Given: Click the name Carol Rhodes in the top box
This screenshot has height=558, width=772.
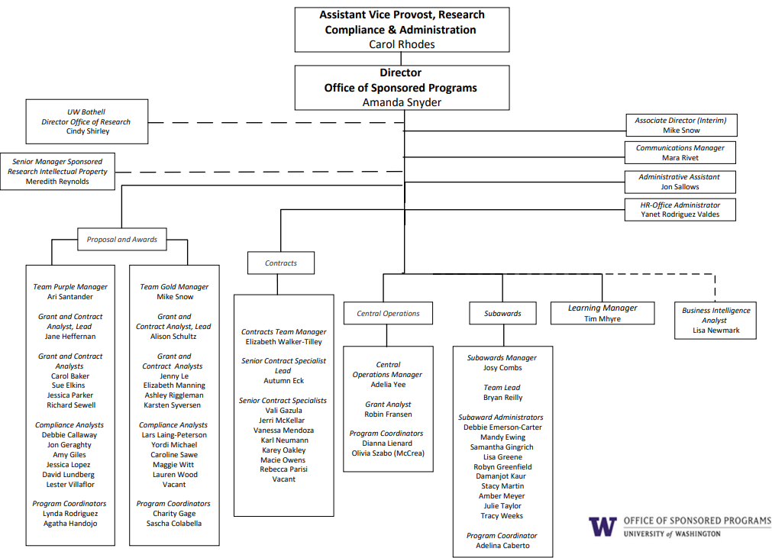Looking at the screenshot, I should (x=402, y=44).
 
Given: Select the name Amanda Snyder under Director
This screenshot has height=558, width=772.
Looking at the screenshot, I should (x=402, y=102).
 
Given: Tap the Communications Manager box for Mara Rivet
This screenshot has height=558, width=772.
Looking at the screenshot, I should (x=680, y=153).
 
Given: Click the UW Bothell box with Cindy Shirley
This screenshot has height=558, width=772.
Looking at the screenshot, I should (x=87, y=121).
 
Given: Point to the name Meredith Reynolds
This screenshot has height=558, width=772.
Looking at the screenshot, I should (x=57, y=182).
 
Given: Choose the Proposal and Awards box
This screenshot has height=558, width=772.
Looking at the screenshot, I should (x=121, y=239).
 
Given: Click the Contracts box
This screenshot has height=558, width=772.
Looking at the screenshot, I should (x=280, y=263).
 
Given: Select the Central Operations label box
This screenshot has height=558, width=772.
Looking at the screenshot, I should (x=388, y=313).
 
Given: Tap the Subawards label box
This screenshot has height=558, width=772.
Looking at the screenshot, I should (x=502, y=313).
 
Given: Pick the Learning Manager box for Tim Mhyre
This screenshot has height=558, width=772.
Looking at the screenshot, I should (x=602, y=313).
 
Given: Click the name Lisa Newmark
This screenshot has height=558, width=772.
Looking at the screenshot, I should (x=715, y=331).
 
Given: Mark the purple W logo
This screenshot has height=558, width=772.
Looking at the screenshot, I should (x=602, y=527).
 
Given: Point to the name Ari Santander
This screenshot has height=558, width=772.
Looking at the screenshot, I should (x=70, y=297).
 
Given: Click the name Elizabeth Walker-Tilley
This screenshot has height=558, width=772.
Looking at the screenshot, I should (x=283, y=342).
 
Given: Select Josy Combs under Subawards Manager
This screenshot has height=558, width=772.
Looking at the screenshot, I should (x=502, y=368).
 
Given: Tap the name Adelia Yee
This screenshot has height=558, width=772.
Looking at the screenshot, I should (x=388, y=385).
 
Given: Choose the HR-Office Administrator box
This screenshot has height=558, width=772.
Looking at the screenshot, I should (x=680, y=210).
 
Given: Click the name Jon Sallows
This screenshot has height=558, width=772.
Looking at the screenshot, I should (x=680, y=187).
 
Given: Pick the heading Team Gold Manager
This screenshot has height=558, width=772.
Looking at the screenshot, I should (x=174, y=287).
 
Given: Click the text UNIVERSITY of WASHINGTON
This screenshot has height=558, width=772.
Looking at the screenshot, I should (x=671, y=534).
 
